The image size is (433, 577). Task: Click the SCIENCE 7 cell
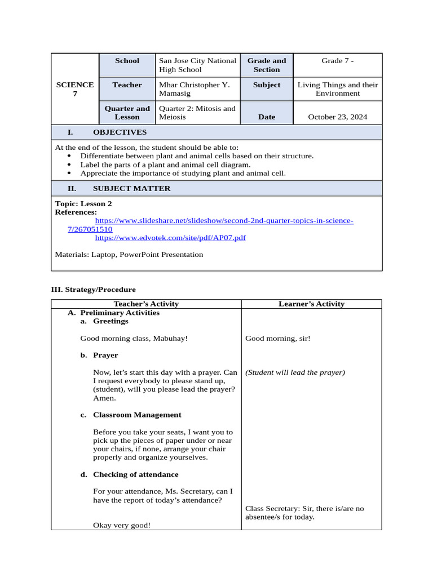click(75, 89)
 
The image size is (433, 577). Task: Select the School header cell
click(127, 61)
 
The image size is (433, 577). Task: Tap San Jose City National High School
click(197, 65)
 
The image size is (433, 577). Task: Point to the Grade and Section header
click(267, 65)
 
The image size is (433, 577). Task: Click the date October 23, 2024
click(337, 117)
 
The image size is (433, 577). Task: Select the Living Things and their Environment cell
click(337, 89)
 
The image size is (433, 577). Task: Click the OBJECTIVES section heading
click(120, 132)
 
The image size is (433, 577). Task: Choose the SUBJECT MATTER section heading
click(131, 189)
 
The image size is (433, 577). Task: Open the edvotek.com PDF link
click(170, 238)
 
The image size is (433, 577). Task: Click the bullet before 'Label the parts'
click(69, 165)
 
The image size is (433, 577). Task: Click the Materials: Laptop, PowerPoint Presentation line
click(129, 255)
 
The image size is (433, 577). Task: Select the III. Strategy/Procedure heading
click(94, 290)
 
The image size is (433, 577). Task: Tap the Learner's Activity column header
click(311, 304)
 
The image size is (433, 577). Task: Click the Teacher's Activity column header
click(146, 304)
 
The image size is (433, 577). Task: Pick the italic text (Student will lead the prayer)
click(295, 372)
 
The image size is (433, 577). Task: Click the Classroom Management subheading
click(137, 415)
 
